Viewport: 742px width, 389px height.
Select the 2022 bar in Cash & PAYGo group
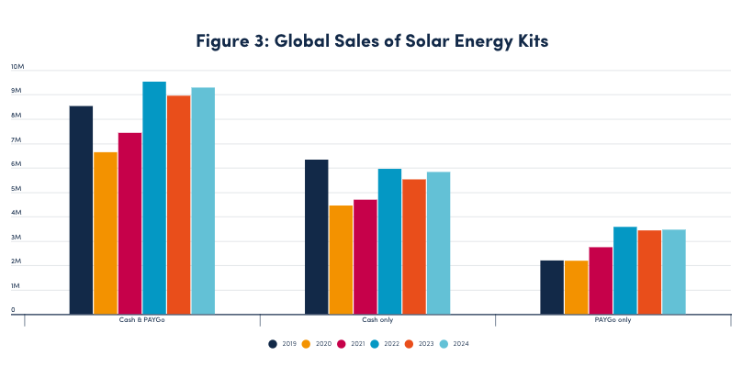(x=154, y=197)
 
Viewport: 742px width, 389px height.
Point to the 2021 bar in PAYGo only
(x=601, y=280)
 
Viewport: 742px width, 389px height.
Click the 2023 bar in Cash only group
(x=414, y=246)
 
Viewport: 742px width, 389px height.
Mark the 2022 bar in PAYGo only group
(x=625, y=270)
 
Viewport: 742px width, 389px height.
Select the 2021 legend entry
(x=348, y=344)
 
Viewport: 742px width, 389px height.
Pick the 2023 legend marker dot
(x=409, y=344)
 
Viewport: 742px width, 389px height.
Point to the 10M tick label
(x=17, y=67)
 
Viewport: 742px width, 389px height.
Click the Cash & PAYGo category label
(x=142, y=320)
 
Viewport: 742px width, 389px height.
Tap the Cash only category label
(x=377, y=320)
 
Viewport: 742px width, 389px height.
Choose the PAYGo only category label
(x=613, y=320)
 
